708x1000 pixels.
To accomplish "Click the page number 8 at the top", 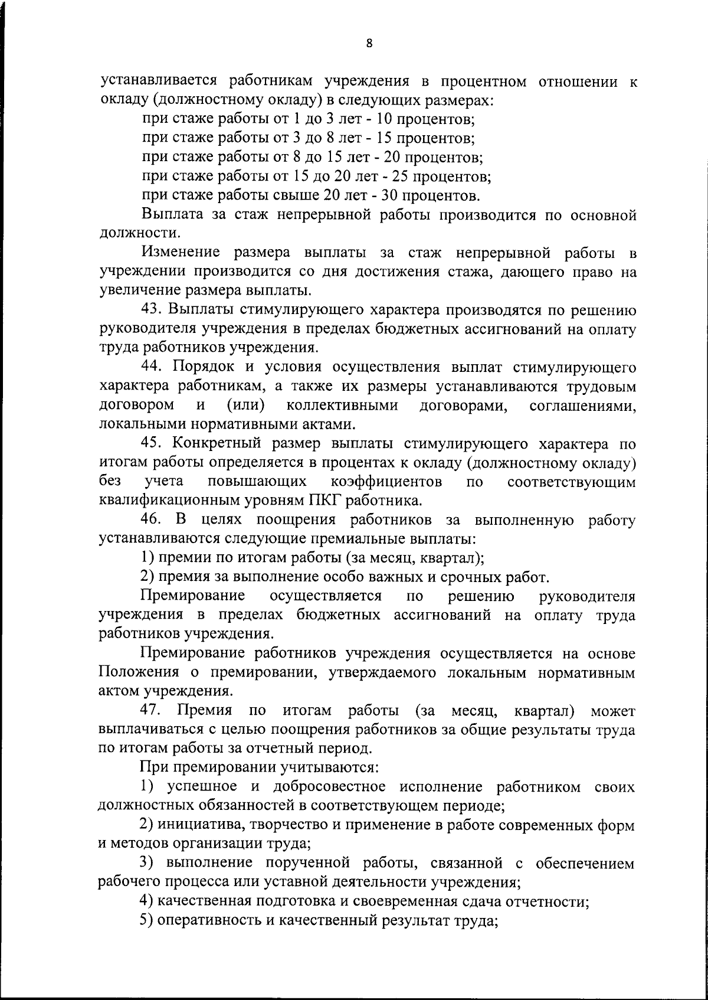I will pos(369,43).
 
